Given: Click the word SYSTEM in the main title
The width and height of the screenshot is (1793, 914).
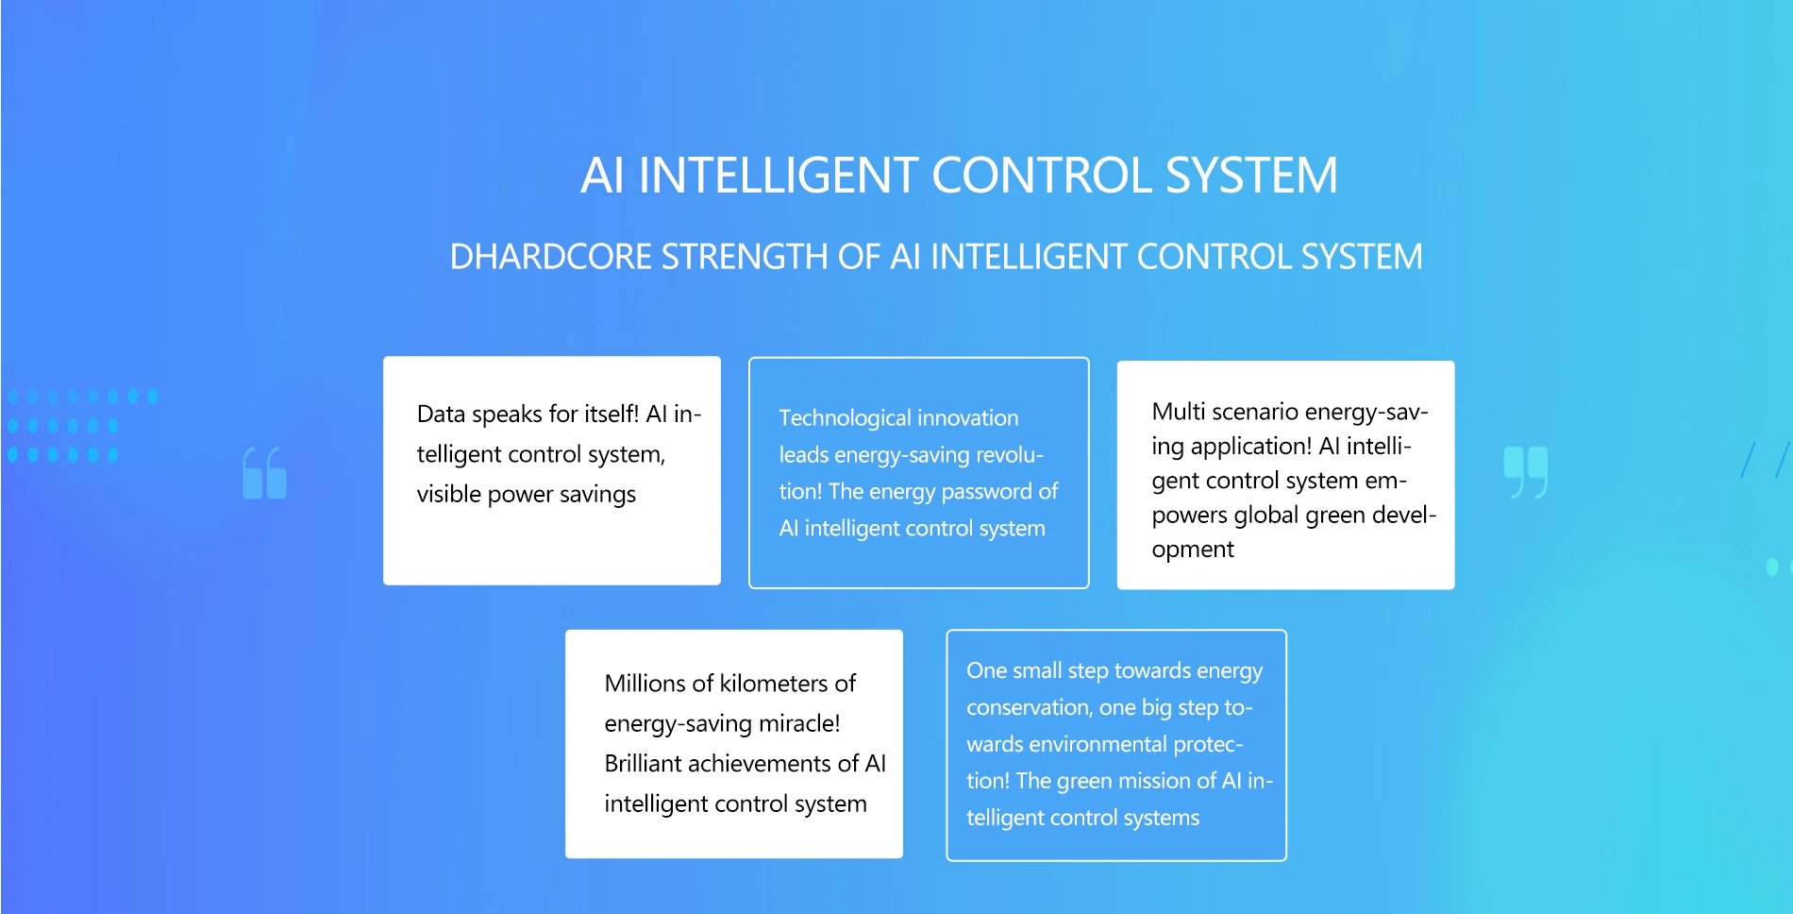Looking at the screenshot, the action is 1251,176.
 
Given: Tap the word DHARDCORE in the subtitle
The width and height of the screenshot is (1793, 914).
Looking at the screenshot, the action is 550,257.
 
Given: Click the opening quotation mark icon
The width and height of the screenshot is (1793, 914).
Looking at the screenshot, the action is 264,472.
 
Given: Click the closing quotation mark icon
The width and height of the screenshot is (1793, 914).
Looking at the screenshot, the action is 1526,472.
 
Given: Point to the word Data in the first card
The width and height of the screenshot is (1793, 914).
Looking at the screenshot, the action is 441,414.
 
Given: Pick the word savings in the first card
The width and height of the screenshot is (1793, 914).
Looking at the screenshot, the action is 597,495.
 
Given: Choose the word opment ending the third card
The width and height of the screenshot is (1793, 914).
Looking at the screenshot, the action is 1193,550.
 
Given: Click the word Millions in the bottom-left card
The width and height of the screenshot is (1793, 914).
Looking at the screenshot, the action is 645,684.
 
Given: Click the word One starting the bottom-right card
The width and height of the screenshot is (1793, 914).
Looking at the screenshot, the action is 987,670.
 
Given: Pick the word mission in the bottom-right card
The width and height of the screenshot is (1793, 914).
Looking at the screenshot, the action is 1154,781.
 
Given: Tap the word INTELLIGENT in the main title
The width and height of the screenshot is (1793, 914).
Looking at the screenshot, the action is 779,176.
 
